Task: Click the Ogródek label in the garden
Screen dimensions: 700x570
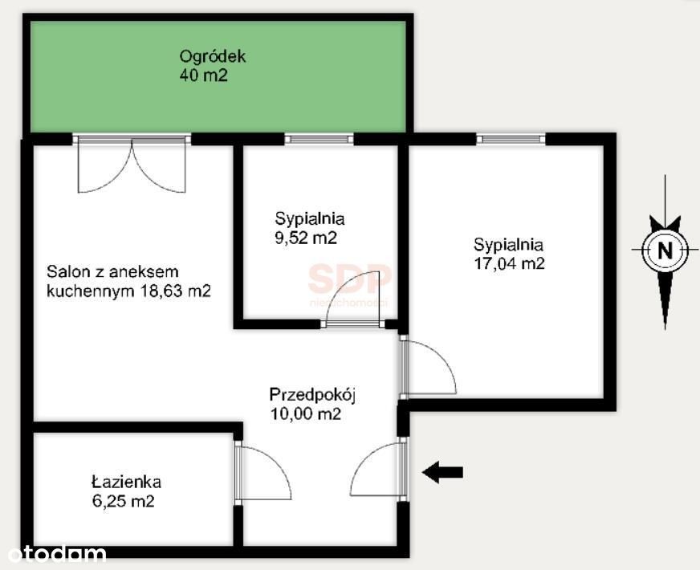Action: coord(213,57)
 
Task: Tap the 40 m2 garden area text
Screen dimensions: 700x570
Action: coord(204,75)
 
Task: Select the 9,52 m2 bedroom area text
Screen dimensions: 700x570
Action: coord(306,238)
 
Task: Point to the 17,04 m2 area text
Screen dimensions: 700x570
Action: coord(510,263)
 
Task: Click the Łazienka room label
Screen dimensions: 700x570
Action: coord(126,482)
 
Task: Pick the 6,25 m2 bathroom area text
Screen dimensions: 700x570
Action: coord(123,501)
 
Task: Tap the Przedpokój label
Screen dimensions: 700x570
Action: coord(312,395)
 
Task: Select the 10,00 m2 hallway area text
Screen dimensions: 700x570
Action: coord(306,414)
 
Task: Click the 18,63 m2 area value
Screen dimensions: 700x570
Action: coord(176,291)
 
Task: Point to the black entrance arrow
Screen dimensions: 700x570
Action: coord(442,472)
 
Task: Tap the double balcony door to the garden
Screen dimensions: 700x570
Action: coord(132,165)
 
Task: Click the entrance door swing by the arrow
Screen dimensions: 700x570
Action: coord(379,469)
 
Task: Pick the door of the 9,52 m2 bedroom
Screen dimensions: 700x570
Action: coord(352,299)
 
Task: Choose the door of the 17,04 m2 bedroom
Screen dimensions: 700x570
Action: coord(429,367)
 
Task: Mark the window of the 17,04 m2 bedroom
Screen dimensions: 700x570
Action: coord(511,139)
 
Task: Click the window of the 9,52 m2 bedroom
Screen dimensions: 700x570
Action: coord(319,139)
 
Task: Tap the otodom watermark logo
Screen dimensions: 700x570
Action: coord(57,554)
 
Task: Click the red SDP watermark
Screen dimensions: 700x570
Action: coord(349,279)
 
